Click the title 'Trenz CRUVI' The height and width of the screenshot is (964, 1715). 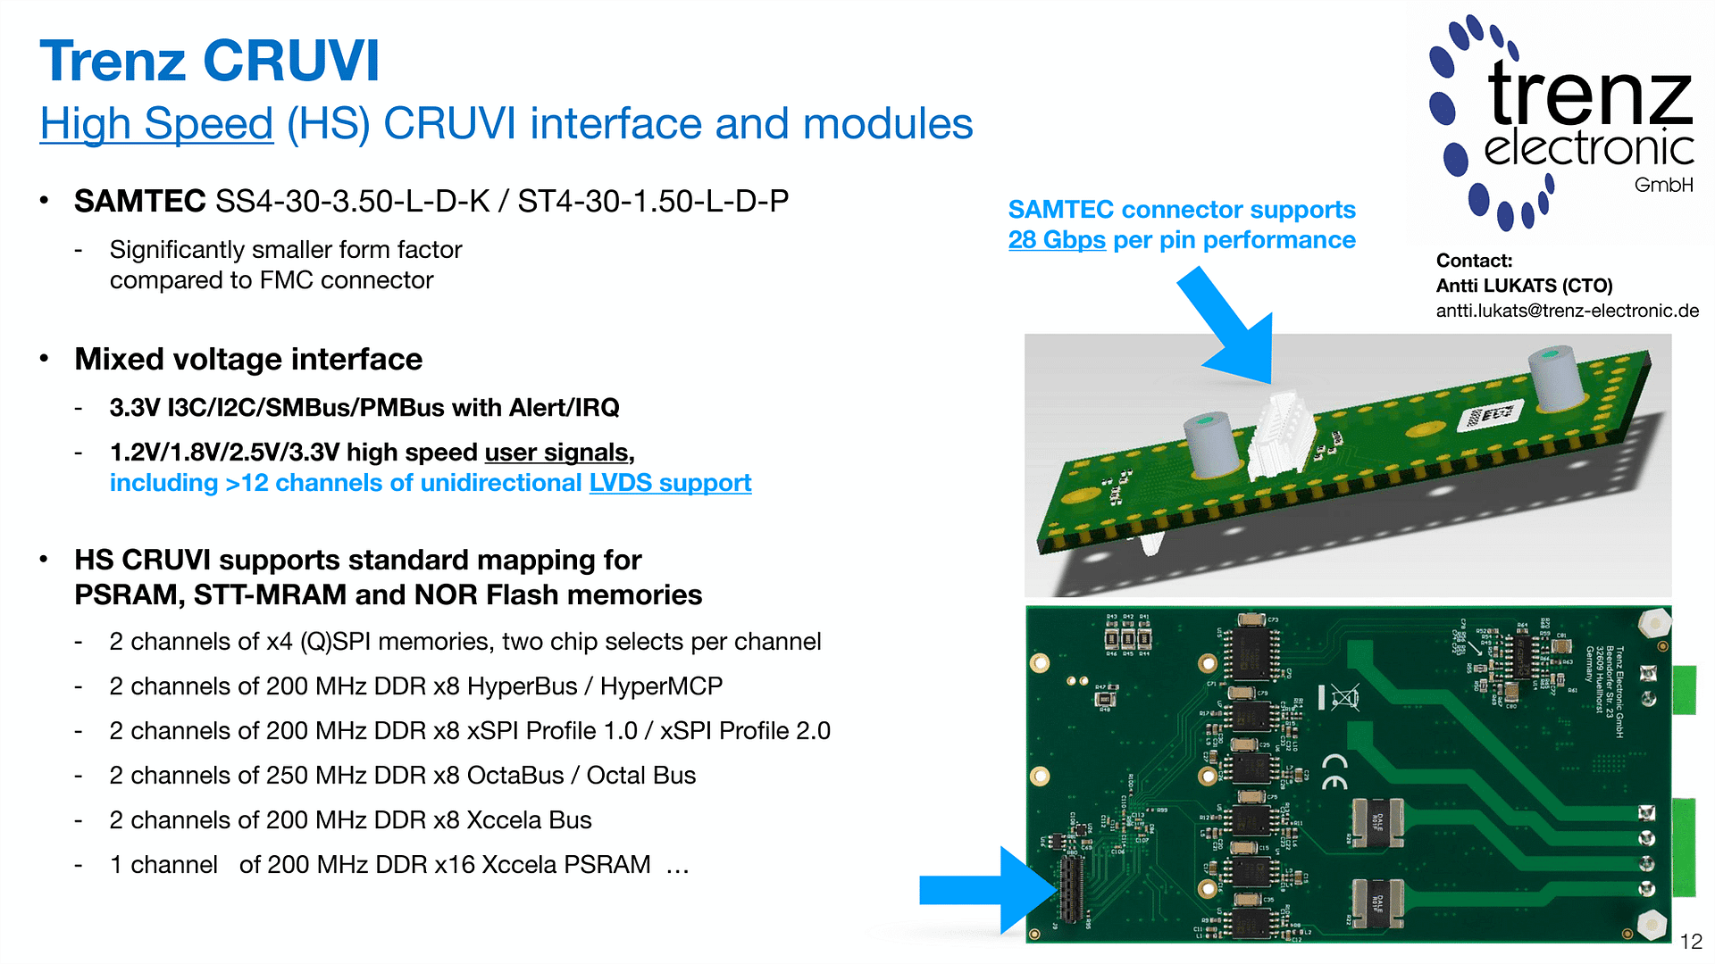click(x=210, y=62)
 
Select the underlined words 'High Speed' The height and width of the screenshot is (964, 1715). click(x=156, y=123)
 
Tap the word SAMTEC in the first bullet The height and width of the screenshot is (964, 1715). click(x=140, y=202)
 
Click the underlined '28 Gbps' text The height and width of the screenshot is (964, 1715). click(x=1057, y=240)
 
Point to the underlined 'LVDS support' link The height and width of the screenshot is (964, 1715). click(x=670, y=483)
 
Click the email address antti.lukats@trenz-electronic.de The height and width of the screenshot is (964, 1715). click(x=1567, y=311)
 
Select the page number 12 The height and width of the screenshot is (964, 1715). click(x=1691, y=942)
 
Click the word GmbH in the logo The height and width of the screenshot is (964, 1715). click(x=1663, y=185)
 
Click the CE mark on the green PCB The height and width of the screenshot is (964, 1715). click(x=1335, y=771)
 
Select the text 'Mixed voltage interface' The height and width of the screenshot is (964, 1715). click(x=248, y=359)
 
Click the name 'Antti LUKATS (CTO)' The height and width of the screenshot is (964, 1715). click(x=1524, y=286)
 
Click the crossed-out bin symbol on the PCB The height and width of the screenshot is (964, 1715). click(x=1343, y=696)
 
